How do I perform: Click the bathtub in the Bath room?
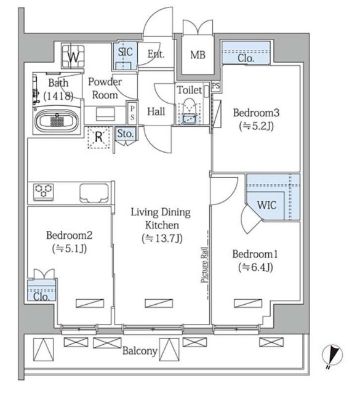57,121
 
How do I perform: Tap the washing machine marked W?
73,56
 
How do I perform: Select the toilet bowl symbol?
189,111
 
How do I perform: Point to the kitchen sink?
94,193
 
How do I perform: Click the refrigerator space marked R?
98,137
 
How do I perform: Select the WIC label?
267,205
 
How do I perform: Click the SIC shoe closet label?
125,52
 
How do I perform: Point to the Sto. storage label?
126,134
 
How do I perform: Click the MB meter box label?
198,55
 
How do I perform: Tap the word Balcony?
140,351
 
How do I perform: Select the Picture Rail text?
205,265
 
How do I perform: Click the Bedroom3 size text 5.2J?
256,126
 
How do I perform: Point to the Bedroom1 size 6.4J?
255,267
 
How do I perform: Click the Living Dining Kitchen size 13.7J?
162,238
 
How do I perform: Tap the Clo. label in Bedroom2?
41,297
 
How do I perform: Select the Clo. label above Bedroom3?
246,58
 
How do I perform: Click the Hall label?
156,111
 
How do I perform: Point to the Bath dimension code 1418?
58,96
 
